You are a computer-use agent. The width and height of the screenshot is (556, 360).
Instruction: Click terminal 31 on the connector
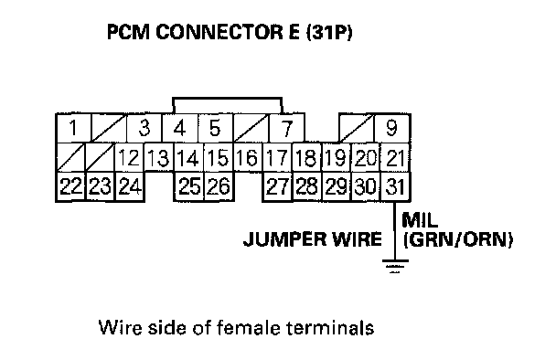pyautogui.click(x=395, y=186)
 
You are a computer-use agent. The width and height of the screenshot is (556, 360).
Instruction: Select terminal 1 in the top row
pyautogui.click(x=74, y=128)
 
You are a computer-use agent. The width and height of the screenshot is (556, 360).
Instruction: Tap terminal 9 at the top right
pyautogui.click(x=392, y=128)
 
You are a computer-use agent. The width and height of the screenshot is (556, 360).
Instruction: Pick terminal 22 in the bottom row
pyautogui.click(x=71, y=186)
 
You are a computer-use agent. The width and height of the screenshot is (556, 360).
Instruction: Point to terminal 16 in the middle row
pyautogui.click(x=248, y=158)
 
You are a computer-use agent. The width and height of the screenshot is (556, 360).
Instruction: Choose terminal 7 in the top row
pyautogui.click(x=286, y=128)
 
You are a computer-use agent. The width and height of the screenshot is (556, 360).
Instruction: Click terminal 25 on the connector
pyautogui.click(x=189, y=186)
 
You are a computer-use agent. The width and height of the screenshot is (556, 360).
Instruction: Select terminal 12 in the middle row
pyautogui.click(x=130, y=158)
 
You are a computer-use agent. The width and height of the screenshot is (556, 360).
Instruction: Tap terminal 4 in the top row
pyautogui.click(x=180, y=128)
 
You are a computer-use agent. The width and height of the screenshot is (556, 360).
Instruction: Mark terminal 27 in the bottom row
pyautogui.click(x=278, y=186)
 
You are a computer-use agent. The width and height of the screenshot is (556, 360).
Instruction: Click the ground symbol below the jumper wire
pyautogui.click(x=395, y=266)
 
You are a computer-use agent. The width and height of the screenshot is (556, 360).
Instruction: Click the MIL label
pyautogui.click(x=420, y=220)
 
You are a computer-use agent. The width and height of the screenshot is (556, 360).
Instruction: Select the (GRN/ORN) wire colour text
pyautogui.click(x=458, y=240)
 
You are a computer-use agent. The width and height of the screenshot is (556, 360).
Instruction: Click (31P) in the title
pyautogui.click(x=329, y=33)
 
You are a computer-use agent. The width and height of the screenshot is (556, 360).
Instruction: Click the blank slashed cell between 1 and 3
pyautogui.click(x=109, y=128)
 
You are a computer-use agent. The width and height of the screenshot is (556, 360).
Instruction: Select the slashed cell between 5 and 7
pyautogui.click(x=251, y=128)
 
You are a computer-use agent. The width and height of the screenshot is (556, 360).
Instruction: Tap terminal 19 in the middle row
pyautogui.click(x=337, y=158)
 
